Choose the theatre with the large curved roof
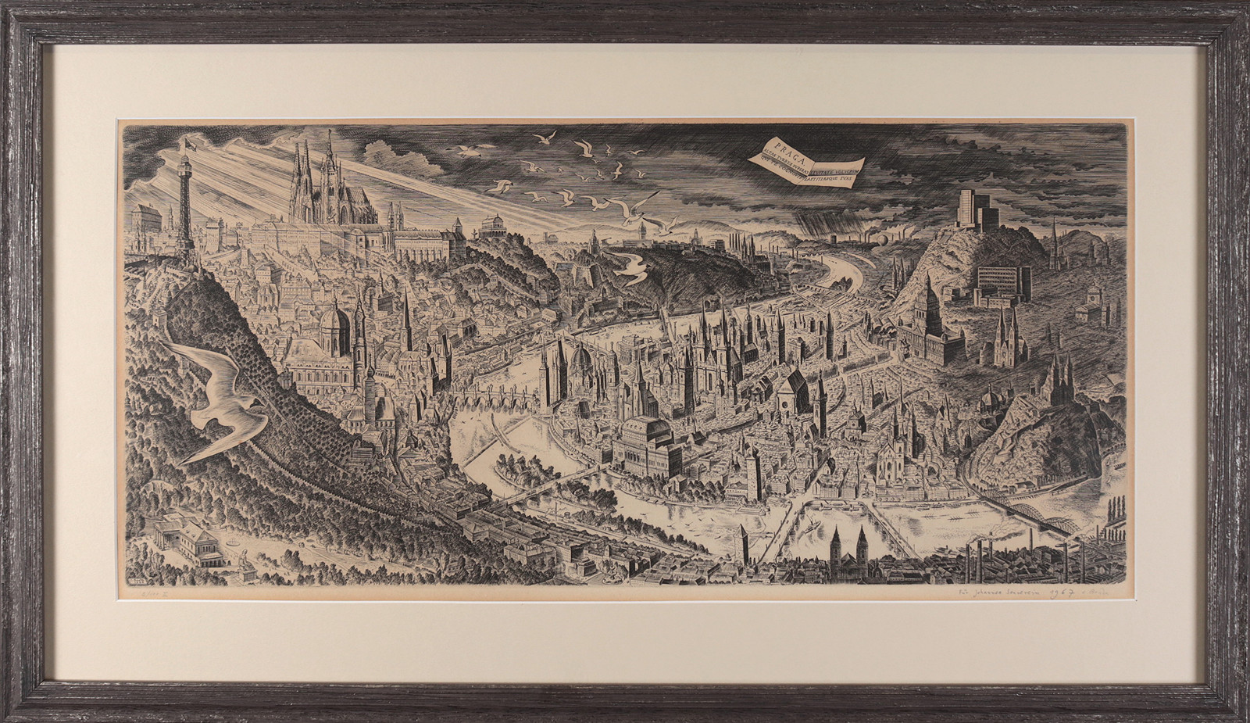click(643, 442)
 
